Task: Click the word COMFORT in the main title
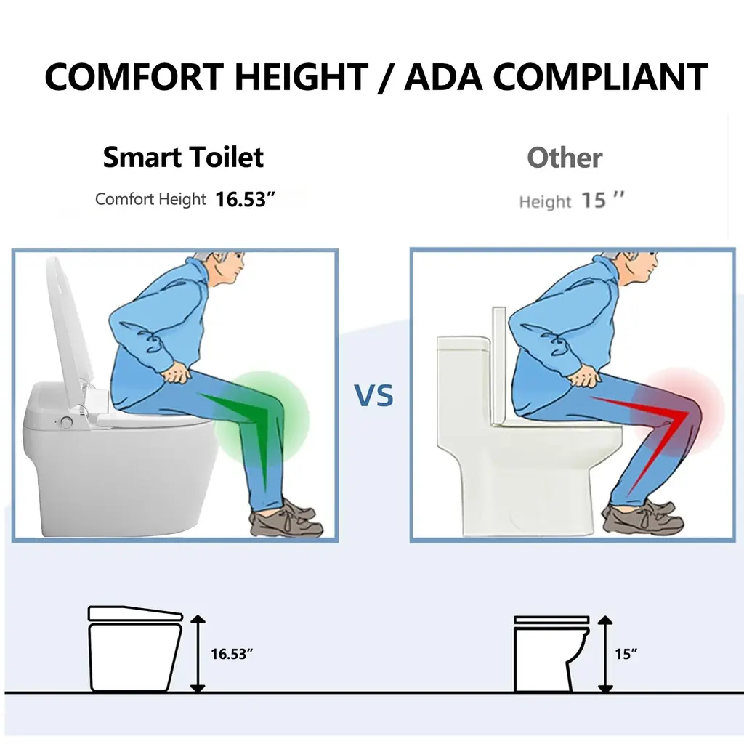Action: (134, 77)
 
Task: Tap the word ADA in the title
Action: (443, 77)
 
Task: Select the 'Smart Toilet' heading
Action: (183, 157)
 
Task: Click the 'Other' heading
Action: (565, 158)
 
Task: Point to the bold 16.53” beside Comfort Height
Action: (245, 199)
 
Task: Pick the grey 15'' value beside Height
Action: (602, 201)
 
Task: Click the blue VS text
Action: (374, 396)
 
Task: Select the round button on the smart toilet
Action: (66, 422)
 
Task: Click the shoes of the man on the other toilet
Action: (642, 517)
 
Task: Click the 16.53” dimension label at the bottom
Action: (232, 654)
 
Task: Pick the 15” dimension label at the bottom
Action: (626, 654)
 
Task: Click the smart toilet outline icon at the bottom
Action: (135, 648)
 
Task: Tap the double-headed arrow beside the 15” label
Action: (605, 654)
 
